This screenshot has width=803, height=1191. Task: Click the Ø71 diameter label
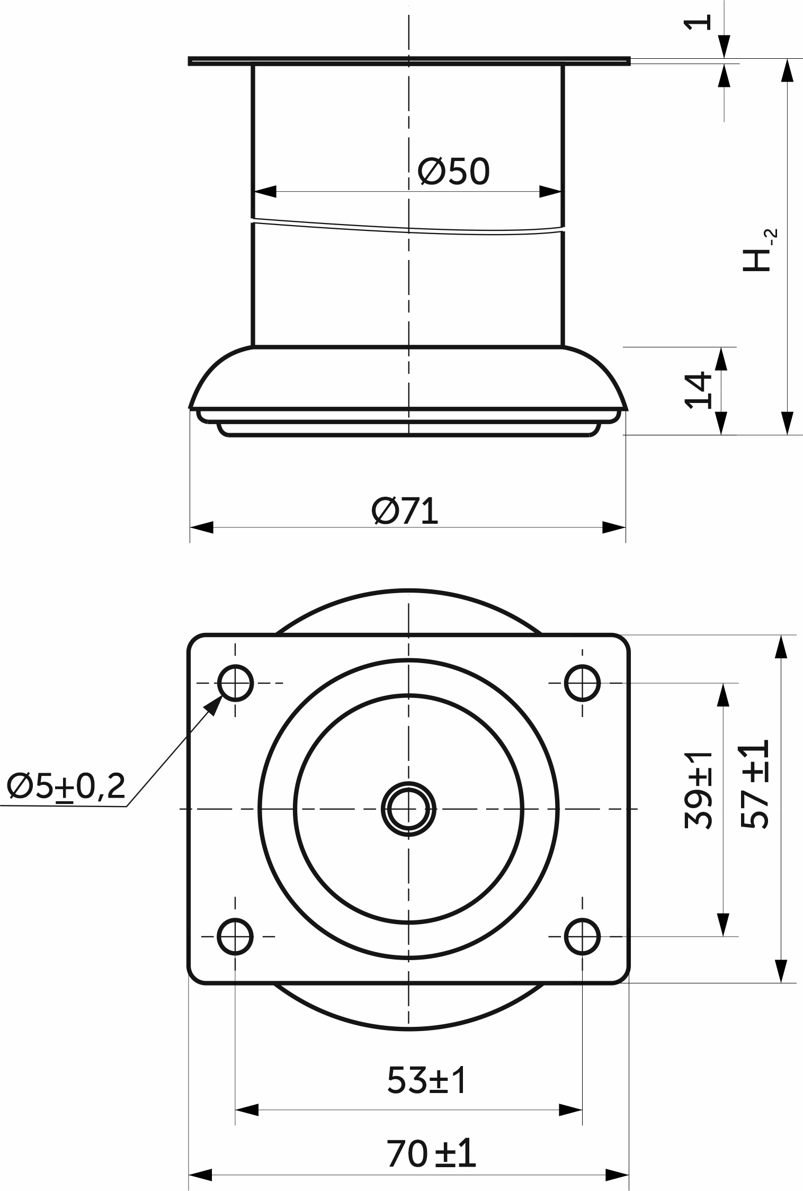(405, 511)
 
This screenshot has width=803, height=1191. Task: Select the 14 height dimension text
(699, 390)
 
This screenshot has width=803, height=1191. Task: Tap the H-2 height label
(759, 250)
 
